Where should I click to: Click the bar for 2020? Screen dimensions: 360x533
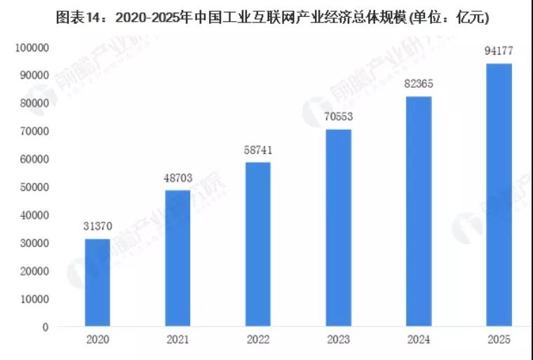pyautogui.click(x=97, y=283)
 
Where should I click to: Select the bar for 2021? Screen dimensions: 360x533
pyautogui.click(x=177, y=258)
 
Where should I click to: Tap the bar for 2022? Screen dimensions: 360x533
pyautogui.click(x=258, y=244)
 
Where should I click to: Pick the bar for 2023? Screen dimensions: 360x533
pyautogui.click(x=339, y=228)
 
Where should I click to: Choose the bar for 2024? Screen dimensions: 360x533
pyautogui.click(x=419, y=211)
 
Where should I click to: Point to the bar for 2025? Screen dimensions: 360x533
pyautogui.click(x=499, y=195)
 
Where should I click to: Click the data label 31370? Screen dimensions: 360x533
pyautogui.click(x=97, y=227)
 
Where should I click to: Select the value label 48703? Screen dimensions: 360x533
pyautogui.click(x=177, y=178)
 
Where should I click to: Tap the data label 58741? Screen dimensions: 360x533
pyautogui.click(x=258, y=150)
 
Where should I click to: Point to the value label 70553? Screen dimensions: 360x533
pyautogui.click(x=339, y=117)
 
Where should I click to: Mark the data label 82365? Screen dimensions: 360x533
pyautogui.click(x=419, y=84)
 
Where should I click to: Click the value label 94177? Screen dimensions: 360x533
pyautogui.click(x=499, y=51)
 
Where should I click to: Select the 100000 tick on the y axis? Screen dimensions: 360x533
pyautogui.click(x=29, y=48)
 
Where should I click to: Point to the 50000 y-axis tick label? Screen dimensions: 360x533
pyautogui.click(x=32, y=187)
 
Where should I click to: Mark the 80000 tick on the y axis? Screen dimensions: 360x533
pyautogui.click(x=32, y=103)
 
